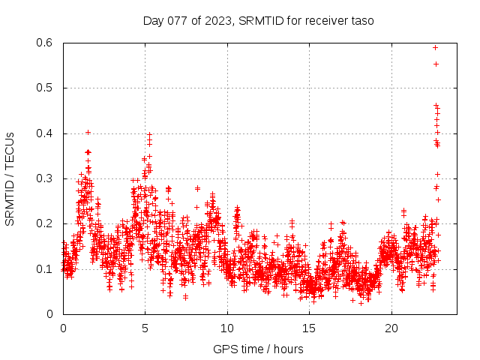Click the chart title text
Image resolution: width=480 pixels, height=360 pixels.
tap(258, 20)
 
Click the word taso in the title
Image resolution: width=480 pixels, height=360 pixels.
tap(361, 20)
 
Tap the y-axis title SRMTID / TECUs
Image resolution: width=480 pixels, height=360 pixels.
tap(10, 178)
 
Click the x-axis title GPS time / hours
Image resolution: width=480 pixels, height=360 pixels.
tap(258, 349)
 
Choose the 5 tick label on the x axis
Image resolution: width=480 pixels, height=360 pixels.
tap(145, 328)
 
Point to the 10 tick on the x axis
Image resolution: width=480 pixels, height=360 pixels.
tap(227, 328)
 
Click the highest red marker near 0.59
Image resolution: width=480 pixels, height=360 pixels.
tap(435, 47)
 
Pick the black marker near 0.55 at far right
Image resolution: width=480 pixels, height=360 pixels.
tap(436, 64)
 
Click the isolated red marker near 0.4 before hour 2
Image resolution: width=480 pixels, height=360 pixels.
tap(88, 132)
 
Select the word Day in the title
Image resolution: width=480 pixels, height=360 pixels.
tap(153, 20)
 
